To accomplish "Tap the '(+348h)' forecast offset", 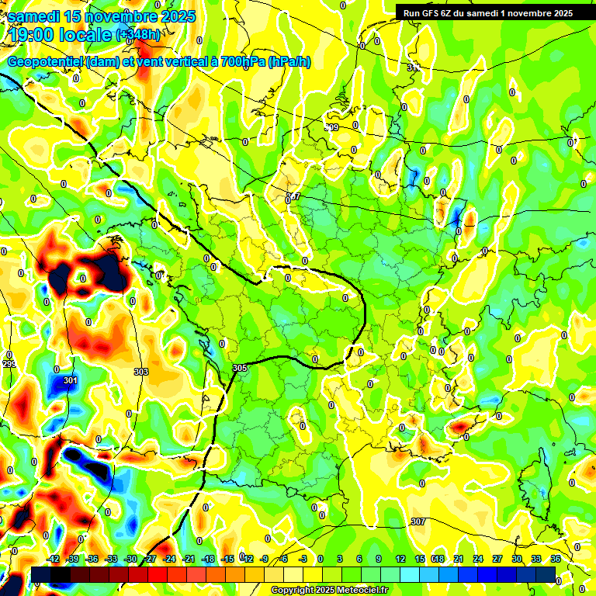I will (140, 34).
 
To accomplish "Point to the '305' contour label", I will (239, 368).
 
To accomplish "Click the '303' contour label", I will (141, 372).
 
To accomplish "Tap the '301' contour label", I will (71, 381).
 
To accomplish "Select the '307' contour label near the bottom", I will (418, 521).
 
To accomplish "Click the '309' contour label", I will (331, 127).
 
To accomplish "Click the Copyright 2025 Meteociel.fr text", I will (330, 591).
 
